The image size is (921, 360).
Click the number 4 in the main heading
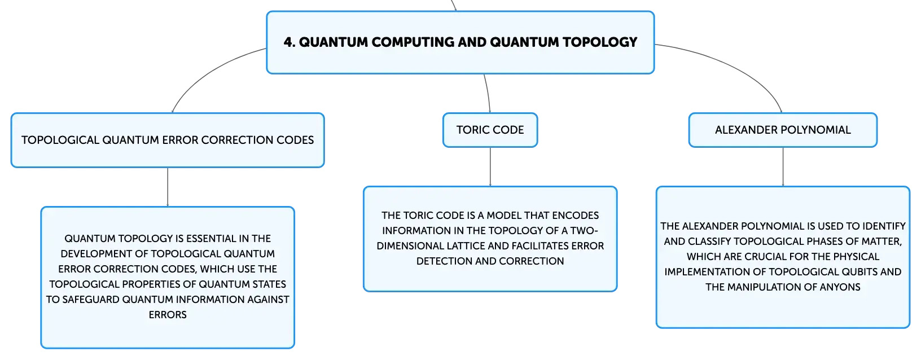pyautogui.click(x=289, y=42)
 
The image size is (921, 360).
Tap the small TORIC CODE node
pyautogui.click(x=490, y=130)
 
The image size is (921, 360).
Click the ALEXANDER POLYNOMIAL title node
pyautogui.click(x=783, y=130)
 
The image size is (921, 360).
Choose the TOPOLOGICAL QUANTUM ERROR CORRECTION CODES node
pyautogui.click(x=168, y=140)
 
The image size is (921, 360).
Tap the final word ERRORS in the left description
pyautogui.click(x=168, y=314)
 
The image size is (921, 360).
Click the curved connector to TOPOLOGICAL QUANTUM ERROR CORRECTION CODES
pyautogui.click(x=210, y=72)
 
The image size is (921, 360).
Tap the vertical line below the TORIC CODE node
pyautogui.click(x=490, y=167)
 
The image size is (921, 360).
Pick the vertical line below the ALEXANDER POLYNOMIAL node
pyautogui.click(x=783, y=167)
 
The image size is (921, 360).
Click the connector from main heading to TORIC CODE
pyautogui.click(x=488, y=93)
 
